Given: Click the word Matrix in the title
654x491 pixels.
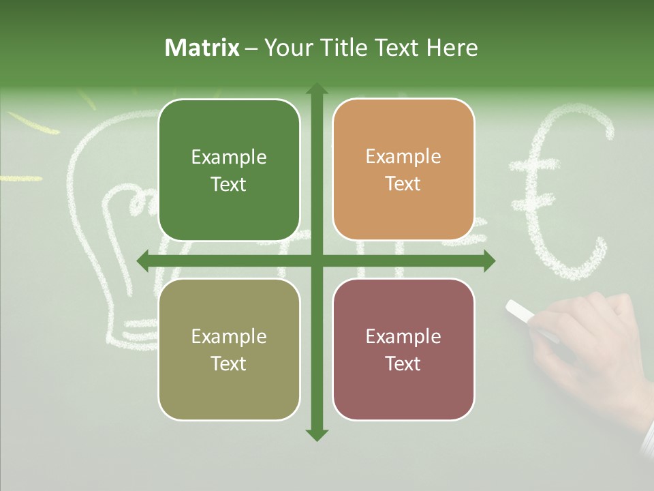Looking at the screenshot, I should pyautogui.click(x=202, y=48).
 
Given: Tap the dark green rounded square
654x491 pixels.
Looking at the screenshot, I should pyautogui.click(x=229, y=170).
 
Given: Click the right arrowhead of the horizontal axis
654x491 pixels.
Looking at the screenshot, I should pyautogui.click(x=488, y=261).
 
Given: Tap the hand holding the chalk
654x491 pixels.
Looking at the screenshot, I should pyautogui.click(x=586, y=341).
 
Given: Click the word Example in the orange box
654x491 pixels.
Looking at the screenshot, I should pyautogui.click(x=403, y=157).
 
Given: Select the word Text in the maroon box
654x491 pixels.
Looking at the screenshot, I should pyautogui.click(x=403, y=363).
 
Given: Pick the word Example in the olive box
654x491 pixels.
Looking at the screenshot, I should pyautogui.click(x=229, y=336).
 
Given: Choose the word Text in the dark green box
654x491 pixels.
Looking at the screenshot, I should pyautogui.click(x=229, y=184).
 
